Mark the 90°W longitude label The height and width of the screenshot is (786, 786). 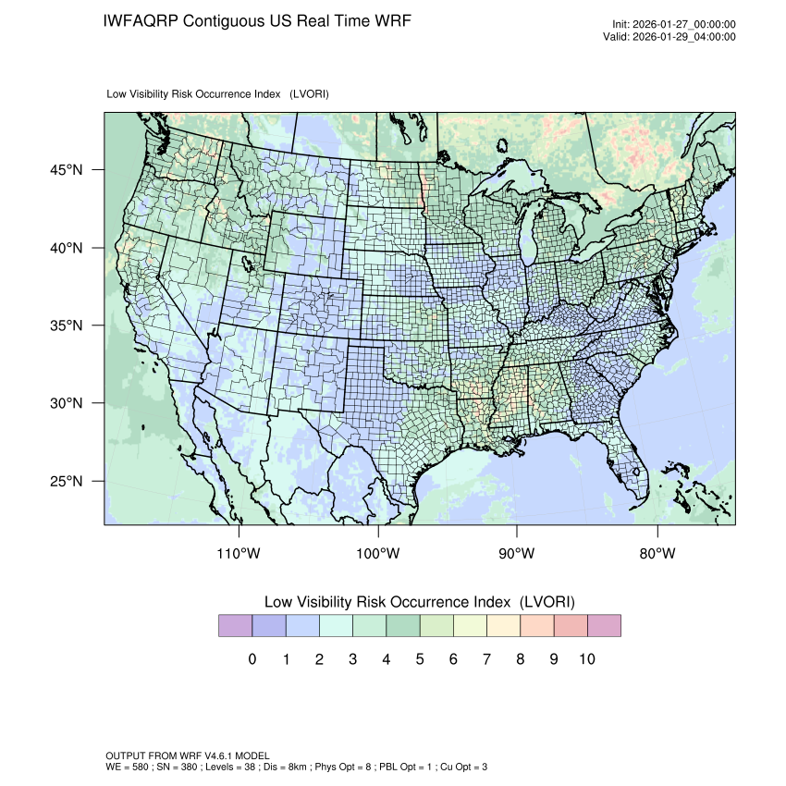pos(517,554)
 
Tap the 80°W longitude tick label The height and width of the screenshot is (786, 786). pos(657,554)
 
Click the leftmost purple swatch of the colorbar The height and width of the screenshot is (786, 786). pos(235,626)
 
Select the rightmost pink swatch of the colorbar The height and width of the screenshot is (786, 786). pos(604,626)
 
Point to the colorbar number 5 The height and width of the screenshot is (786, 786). pos(419,659)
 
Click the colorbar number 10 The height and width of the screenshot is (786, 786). pos(586,659)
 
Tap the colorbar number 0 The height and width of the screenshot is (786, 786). pos(252,659)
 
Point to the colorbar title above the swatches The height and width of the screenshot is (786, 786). pos(420,602)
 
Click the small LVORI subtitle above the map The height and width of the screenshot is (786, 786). pos(218,94)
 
